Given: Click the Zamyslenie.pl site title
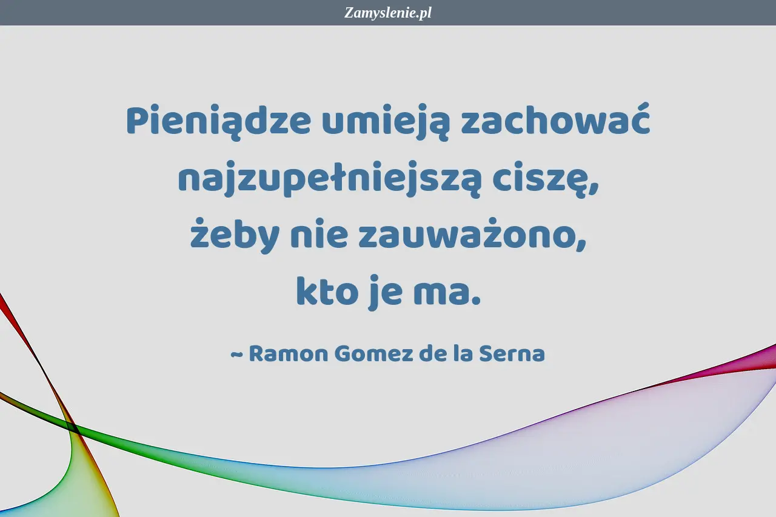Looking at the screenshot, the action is pyautogui.click(x=387, y=13).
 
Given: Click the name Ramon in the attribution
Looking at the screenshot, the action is pyautogui.click(x=288, y=353).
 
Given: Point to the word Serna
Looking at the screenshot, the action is pyautogui.click(x=512, y=353).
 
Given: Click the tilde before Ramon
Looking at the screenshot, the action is pyautogui.click(x=237, y=355).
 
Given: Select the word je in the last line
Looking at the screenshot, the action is pyautogui.click(x=386, y=293).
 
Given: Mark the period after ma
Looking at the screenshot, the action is pyautogui.click(x=477, y=301).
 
